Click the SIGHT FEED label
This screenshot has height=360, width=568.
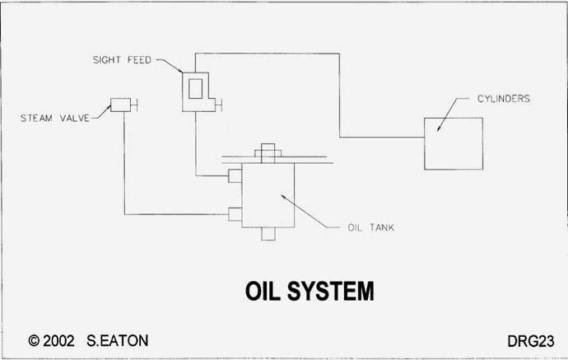(122, 60)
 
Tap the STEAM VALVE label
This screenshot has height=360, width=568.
(54, 118)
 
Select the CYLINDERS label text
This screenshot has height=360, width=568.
(504, 99)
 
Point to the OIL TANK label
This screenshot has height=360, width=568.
(370, 227)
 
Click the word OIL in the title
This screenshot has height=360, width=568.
(263, 291)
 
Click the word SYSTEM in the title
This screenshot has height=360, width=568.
(330, 291)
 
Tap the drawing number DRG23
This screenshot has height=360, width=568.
(531, 341)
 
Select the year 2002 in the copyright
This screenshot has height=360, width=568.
(58, 341)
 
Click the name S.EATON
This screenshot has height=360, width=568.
(118, 341)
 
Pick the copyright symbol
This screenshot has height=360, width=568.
(34, 341)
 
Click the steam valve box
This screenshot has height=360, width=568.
(121, 105)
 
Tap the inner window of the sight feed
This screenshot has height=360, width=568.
(196, 89)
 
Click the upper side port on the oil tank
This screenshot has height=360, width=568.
(235, 176)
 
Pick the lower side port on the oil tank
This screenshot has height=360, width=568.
(235, 214)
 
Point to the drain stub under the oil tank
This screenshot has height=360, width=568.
(268, 234)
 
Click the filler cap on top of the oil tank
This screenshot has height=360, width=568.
(268, 153)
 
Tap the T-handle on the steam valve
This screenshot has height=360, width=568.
(134, 105)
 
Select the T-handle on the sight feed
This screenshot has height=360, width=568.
(218, 105)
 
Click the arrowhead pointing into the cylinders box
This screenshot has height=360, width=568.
(439, 128)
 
